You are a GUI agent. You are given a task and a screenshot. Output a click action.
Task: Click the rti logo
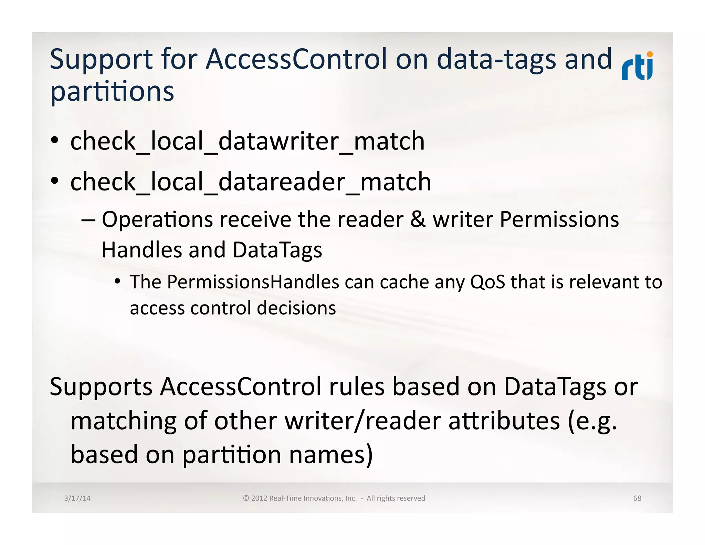point(637,66)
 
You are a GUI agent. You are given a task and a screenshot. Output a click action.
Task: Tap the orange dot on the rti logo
point(650,54)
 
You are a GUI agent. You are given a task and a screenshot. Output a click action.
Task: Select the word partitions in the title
point(112,92)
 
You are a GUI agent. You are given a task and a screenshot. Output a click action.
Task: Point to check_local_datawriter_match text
point(247,142)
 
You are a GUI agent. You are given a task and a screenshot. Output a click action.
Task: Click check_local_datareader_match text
point(250,182)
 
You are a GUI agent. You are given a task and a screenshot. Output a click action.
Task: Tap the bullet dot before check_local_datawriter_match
point(54,141)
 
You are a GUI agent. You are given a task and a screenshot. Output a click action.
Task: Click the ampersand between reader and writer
point(418,220)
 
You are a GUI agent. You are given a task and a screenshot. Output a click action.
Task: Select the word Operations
point(157,220)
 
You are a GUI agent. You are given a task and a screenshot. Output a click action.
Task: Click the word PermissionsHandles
point(253,282)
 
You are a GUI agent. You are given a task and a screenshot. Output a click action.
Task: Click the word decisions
point(296,308)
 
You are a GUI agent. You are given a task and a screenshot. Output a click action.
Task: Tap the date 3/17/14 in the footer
point(77,498)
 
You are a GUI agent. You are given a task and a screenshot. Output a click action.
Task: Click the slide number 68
point(637,498)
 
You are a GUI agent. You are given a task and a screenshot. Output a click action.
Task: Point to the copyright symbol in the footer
point(246,498)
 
